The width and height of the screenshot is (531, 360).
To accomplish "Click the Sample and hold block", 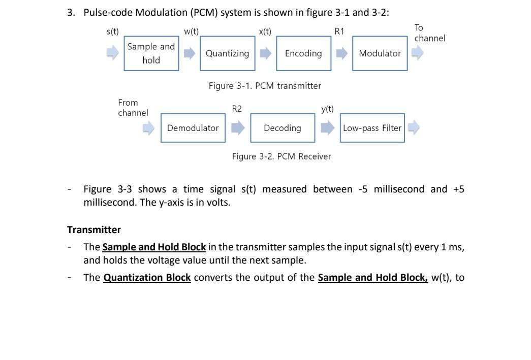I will (x=151, y=53).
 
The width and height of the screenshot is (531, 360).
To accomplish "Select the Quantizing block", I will (x=227, y=53).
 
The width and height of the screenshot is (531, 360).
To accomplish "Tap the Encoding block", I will (x=303, y=53).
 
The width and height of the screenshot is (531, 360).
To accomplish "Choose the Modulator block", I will (x=380, y=53).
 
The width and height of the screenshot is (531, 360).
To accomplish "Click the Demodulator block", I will (x=193, y=128).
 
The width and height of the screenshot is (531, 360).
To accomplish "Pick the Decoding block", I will (x=282, y=128).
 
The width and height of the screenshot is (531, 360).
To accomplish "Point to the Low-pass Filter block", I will (x=372, y=128).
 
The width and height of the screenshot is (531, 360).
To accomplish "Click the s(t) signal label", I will (x=112, y=31).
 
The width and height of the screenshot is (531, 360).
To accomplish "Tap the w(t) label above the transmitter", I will (x=191, y=31).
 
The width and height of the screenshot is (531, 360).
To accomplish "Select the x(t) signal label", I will (x=265, y=31).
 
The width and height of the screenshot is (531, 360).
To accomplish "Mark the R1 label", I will (x=339, y=31).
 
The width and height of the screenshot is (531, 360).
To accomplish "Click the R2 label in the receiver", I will (x=237, y=109).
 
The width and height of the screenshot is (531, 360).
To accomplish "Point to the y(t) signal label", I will (x=327, y=109).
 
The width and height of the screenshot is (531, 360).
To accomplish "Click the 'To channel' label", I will (x=429, y=33).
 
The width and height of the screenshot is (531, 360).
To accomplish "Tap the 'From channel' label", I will (x=133, y=108).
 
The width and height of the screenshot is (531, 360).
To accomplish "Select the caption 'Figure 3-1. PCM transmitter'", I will (x=265, y=86).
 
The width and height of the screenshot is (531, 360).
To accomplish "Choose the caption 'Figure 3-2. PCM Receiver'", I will (x=282, y=156).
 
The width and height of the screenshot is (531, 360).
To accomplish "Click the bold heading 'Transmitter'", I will (x=94, y=230).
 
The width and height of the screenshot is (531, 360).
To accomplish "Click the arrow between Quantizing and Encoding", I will (x=265, y=53).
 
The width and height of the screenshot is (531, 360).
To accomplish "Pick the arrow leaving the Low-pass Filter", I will (x=414, y=128).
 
